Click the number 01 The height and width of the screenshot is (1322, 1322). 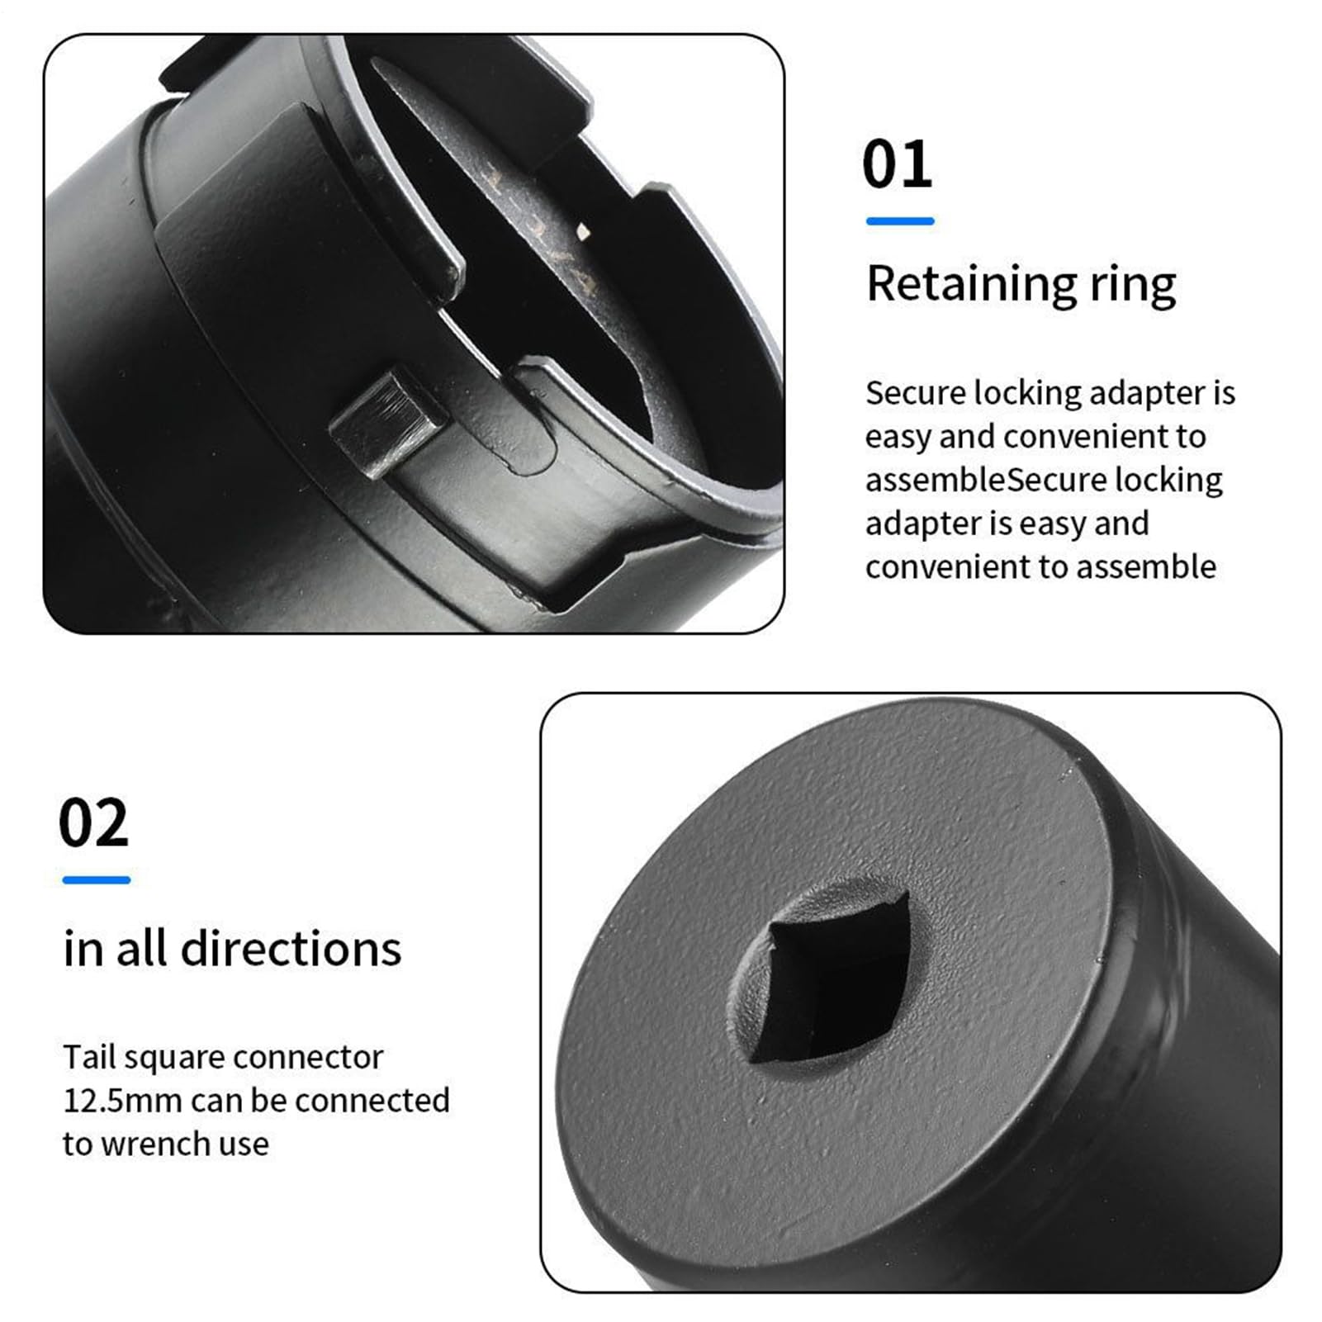[898, 163]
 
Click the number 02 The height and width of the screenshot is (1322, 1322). [94, 822]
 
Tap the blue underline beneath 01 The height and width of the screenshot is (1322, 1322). [900, 221]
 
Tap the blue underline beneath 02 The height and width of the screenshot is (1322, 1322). [97, 880]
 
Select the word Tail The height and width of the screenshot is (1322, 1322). [88, 1057]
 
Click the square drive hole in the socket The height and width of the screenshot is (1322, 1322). [830, 974]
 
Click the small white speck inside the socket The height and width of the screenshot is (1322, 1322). [583, 233]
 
